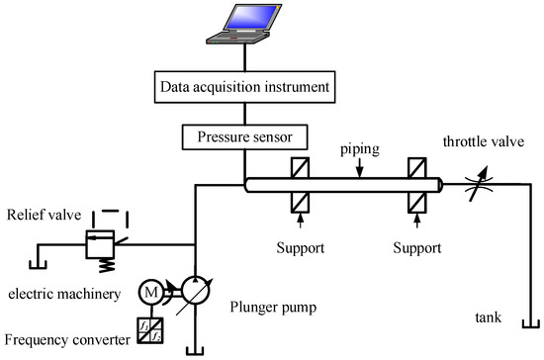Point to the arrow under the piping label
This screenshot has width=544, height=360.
pyautogui.click(x=362, y=171)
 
